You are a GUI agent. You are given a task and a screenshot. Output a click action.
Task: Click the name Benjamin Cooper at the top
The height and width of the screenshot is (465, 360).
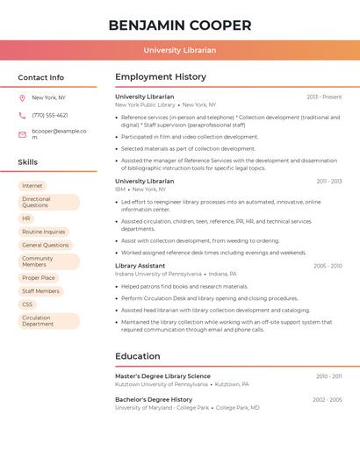pyautogui.click(x=180, y=25)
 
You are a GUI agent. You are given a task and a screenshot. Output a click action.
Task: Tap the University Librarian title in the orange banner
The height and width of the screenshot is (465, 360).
pyautogui.click(x=180, y=50)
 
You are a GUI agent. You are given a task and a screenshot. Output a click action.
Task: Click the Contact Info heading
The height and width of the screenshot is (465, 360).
pyautogui.click(x=40, y=77)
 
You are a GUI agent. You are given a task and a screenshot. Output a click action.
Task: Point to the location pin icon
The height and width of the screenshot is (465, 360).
pyautogui.click(x=22, y=98)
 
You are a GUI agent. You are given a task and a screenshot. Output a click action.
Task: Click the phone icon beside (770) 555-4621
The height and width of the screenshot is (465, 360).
pyautogui.click(x=22, y=116)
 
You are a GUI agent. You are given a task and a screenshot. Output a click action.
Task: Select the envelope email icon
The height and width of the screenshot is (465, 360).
pyautogui.click(x=22, y=134)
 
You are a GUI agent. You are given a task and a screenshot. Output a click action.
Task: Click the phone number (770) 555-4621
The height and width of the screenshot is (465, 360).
pyautogui.click(x=49, y=116)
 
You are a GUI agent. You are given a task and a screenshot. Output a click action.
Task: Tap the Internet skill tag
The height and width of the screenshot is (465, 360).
pyautogui.click(x=32, y=186)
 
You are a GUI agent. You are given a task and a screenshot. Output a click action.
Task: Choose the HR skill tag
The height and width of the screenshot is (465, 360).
pyautogui.click(x=26, y=218)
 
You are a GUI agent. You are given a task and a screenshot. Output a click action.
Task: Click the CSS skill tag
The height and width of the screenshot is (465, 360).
pyautogui.click(x=27, y=304)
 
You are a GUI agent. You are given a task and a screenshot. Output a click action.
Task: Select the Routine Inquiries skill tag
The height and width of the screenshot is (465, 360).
pyautogui.click(x=45, y=232)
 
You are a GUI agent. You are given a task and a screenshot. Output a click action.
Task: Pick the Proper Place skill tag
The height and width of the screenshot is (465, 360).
pyautogui.click(x=39, y=278)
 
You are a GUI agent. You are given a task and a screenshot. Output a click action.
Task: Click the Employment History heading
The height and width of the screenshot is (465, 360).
pyautogui.click(x=161, y=77)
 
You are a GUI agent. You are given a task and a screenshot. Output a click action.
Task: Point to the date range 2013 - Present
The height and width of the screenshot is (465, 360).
pyautogui.click(x=324, y=97)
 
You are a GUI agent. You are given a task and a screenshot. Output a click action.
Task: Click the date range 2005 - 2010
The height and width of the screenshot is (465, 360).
pyautogui.click(x=328, y=266)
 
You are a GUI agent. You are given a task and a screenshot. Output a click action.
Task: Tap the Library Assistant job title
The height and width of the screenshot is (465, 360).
pyautogui.click(x=140, y=266)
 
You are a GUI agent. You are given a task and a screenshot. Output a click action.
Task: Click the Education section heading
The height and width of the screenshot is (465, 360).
pyautogui.click(x=138, y=356)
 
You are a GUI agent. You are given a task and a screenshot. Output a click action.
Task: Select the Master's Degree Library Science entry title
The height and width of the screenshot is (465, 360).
pyautogui.click(x=162, y=376)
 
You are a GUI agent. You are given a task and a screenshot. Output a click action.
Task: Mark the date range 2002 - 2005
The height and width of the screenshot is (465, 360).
pyautogui.click(x=328, y=400)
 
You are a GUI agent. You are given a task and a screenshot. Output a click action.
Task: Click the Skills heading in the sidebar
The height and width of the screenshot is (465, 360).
pyautogui.click(x=28, y=162)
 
